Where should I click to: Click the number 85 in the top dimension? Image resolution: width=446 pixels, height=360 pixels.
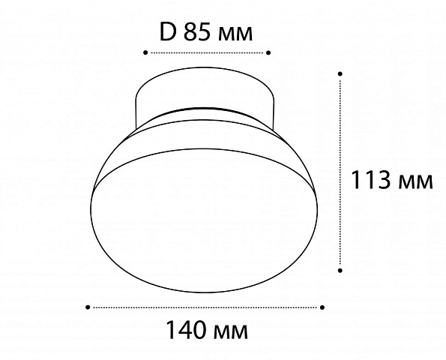[197, 31]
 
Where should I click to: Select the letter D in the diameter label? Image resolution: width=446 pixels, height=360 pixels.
[167, 31]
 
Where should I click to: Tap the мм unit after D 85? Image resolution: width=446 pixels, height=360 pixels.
[235, 34]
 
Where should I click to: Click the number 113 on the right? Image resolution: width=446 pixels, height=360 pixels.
[371, 179]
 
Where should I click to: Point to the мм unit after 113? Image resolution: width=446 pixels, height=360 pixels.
[415, 182]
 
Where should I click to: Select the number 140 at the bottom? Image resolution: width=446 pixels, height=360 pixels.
[187, 329]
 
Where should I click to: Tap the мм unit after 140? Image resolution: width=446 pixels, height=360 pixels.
[231, 332]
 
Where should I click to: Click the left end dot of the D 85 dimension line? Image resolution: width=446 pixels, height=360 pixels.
[145, 52]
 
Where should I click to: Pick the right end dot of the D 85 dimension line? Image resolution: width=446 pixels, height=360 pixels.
[268, 52]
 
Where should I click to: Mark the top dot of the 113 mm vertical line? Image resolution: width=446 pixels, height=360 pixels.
[340, 73]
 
